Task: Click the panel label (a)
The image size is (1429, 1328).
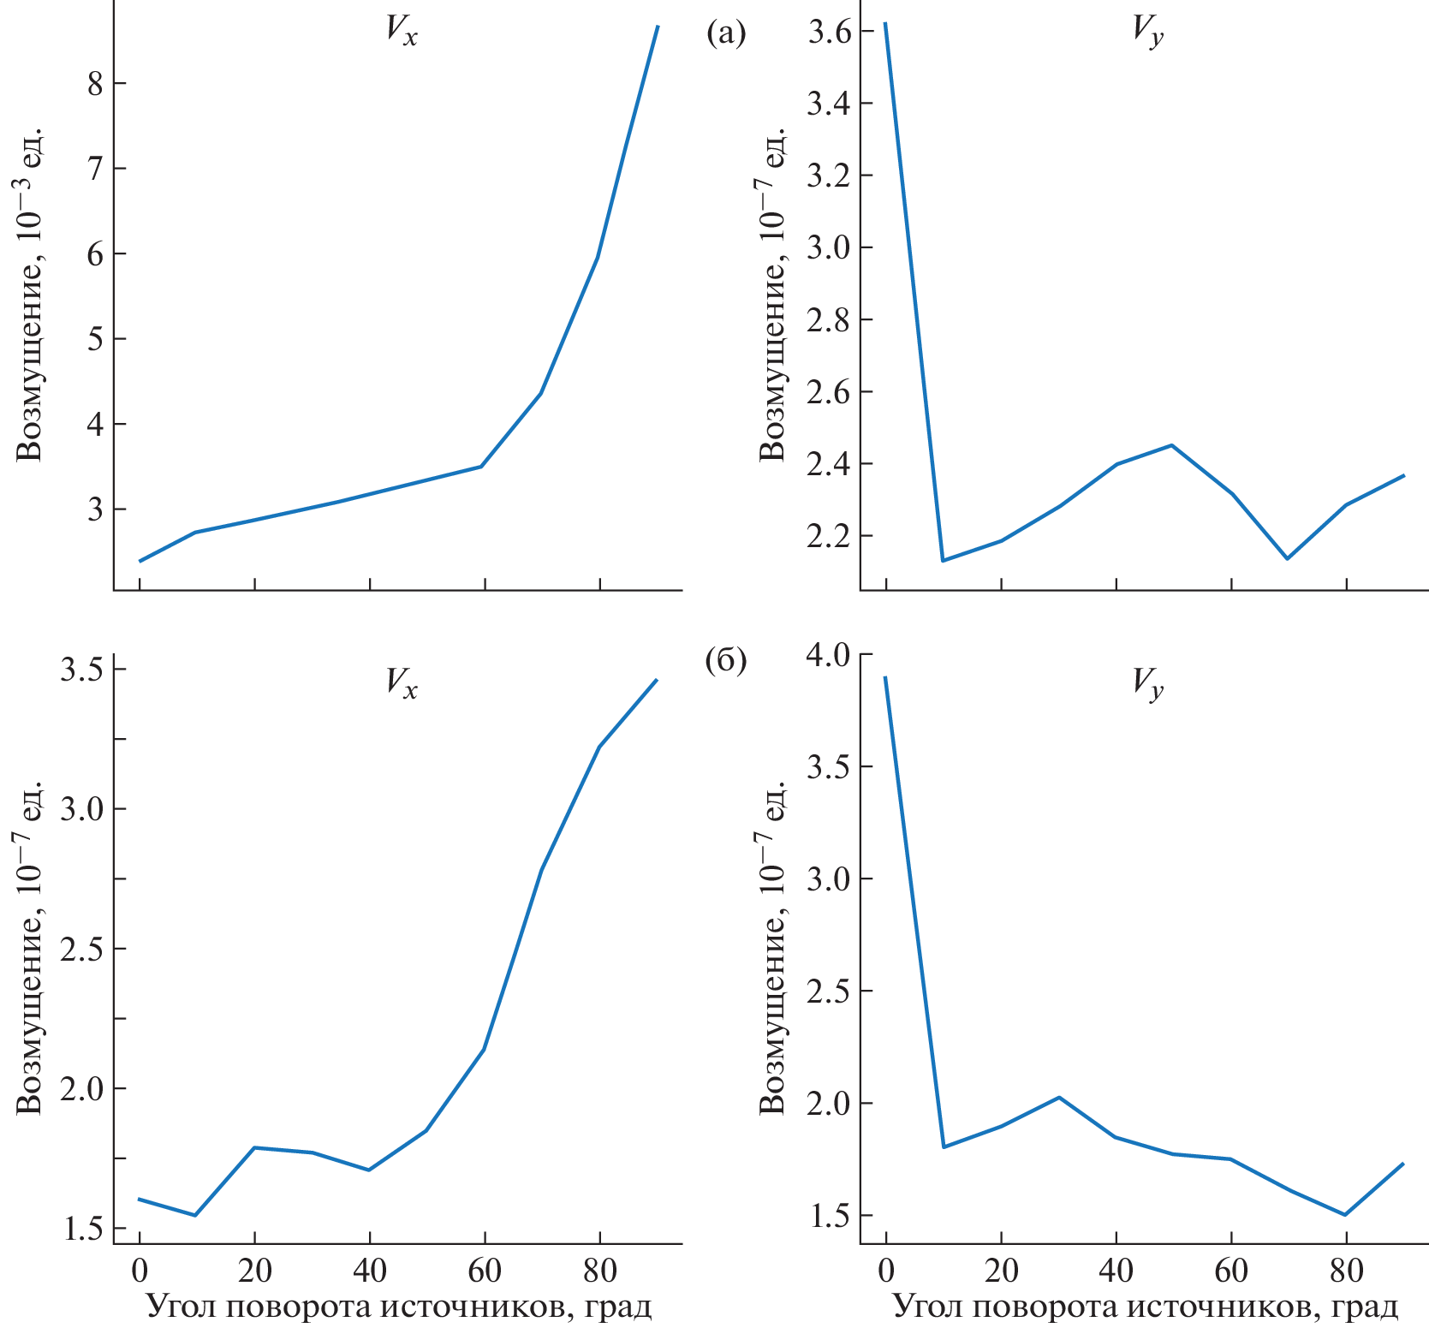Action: click(x=726, y=33)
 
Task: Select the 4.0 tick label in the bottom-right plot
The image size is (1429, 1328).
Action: click(x=829, y=655)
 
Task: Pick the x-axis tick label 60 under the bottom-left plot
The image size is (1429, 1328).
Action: click(x=485, y=1271)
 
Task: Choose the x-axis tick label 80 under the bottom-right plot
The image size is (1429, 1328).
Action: click(x=1346, y=1271)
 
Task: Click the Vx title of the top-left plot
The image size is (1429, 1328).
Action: click(x=401, y=32)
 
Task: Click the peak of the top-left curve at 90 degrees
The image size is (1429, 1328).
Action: click(x=658, y=27)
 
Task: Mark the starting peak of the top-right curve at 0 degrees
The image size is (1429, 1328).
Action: click(x=885, y=23)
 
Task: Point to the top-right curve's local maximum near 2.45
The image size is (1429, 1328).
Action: click(x=1171, y=445)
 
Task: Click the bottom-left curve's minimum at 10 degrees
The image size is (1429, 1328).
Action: click(x=196, y=1215)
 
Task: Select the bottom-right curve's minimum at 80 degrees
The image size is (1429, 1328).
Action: click(x=1346, y=1214)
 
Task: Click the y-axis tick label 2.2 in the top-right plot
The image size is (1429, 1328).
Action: click(x=829, y=537)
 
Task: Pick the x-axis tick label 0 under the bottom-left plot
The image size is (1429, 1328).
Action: click(x=140, y=1271)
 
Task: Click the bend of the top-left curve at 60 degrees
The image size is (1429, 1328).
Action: click(x=482, y=466)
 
